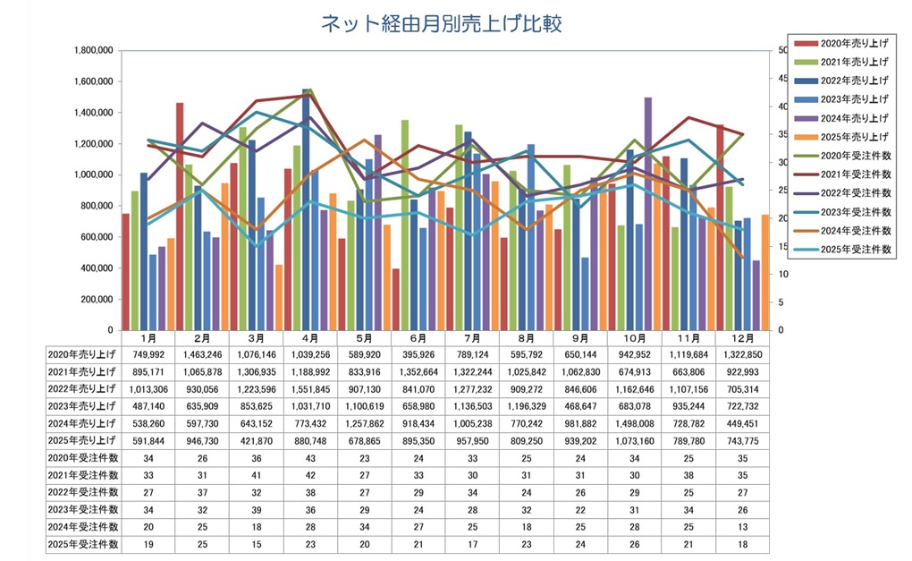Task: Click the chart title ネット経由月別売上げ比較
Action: pos(441,24)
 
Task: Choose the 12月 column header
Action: pos(741,339)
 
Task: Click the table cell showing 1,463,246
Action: pos(201,354)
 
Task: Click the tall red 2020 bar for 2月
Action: pos(180,216)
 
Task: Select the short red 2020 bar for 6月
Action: pos(395,299)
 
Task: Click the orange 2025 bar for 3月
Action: pos(279,297)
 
